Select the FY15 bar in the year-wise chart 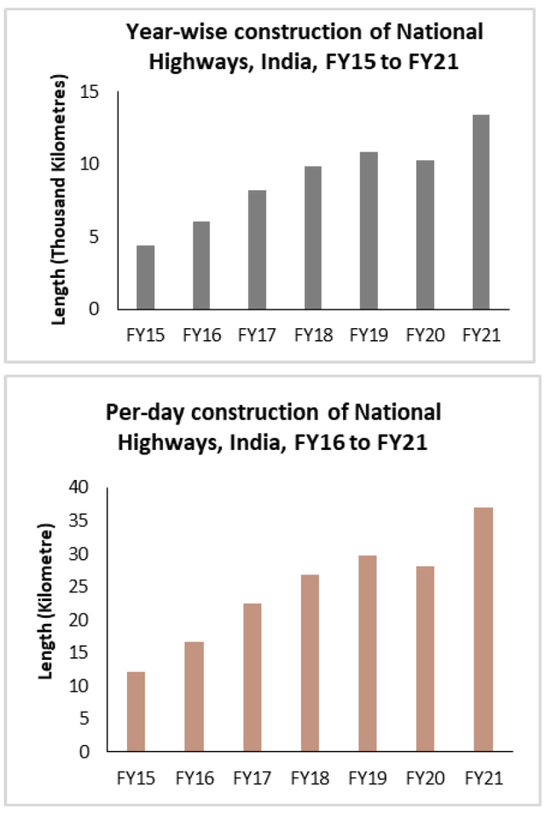145,277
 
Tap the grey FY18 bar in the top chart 313,238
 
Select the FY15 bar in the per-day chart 136,712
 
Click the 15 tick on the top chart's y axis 90,91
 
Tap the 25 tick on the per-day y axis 79,587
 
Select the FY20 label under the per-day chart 424,777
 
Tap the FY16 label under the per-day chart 194,777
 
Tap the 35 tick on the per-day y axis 79,521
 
